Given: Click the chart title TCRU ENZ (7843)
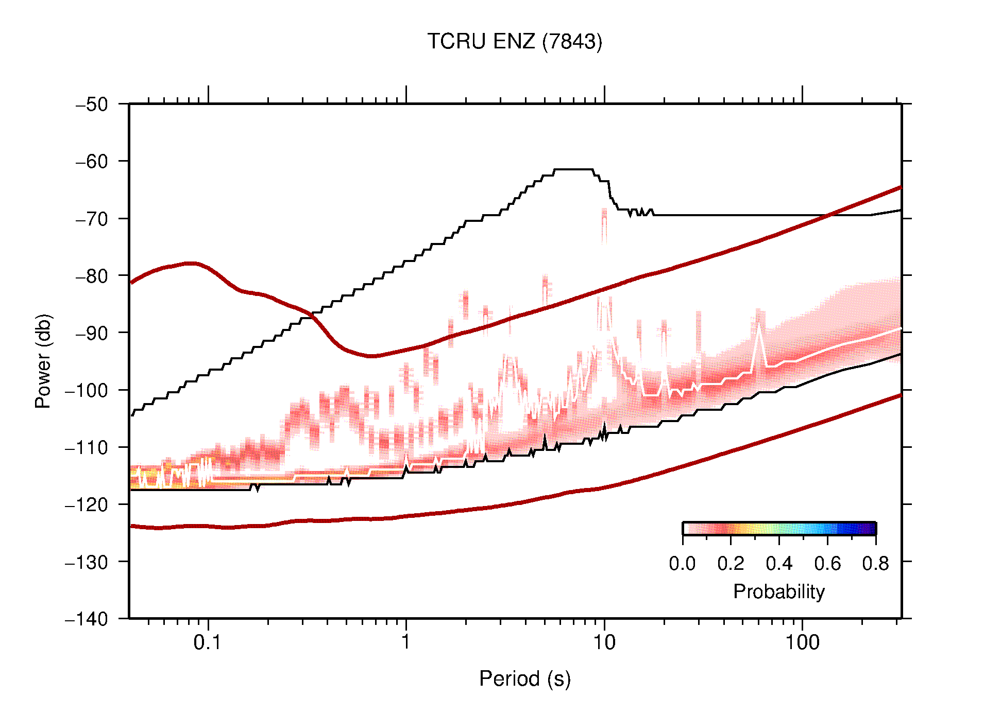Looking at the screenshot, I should tap(514, 42).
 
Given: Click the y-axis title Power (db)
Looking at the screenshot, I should tap(43, 361).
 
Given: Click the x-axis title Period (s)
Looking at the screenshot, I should tap(524, 679).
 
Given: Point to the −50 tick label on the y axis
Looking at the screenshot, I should tap(92, 104).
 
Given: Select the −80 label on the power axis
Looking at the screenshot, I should tap(92, 276).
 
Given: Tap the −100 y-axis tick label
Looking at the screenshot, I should tap(87, 390).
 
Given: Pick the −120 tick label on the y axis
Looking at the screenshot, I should tap(87, 504).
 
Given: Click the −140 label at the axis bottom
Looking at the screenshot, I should tap(87, 619).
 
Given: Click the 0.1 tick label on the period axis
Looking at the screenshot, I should tap(208, 642).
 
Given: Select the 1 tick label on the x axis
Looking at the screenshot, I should tap(406, 642).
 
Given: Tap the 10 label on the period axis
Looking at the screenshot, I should tap(604, 642).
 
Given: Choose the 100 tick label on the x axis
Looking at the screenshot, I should tap(802, 642).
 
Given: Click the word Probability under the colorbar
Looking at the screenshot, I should tap(778, 592).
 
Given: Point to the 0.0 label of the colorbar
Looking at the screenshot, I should tap(682, 564).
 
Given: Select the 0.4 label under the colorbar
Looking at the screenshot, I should tap(779, 564).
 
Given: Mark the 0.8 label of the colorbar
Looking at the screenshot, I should tap(875, 564).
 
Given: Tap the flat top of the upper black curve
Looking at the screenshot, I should tap(573, 169).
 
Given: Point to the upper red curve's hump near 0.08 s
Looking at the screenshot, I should tap(191, 264).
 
